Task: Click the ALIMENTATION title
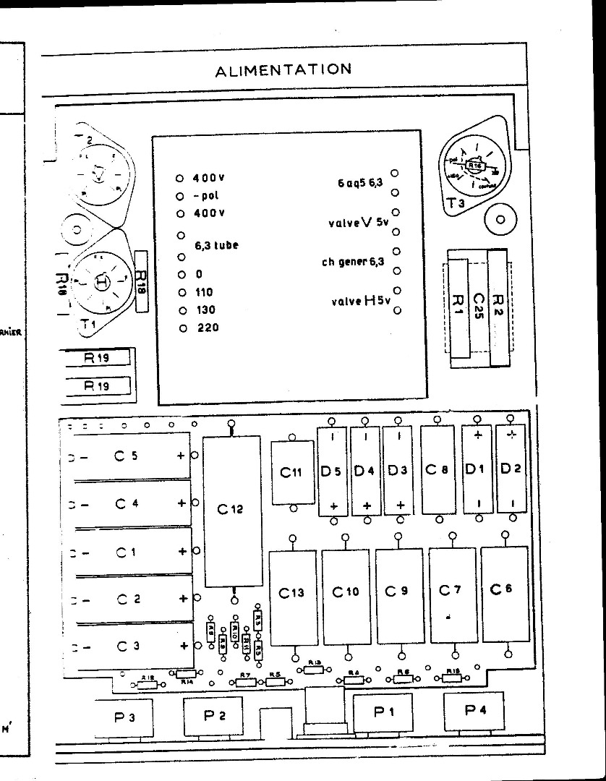[x=283, y=69]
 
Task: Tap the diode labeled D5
[x=333, y=471]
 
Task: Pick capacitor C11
[x=291, y=472]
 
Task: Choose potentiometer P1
[x=383, y=712]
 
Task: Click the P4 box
[x=474, y=710]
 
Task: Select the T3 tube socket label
[x=456, y=205]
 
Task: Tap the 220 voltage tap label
[x=207, y=328]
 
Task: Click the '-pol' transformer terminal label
[x=205, y=196]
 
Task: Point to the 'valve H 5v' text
[x=357, y=301]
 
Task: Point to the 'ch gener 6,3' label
[x=353, y=262]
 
